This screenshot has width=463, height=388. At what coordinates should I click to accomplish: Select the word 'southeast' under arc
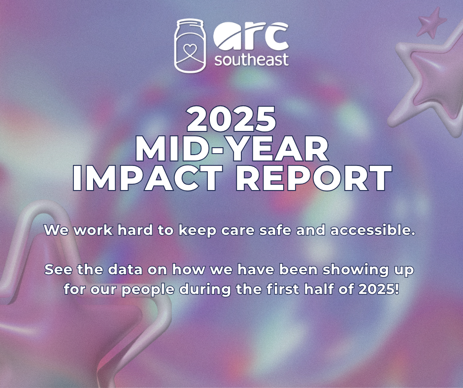tap(251, 60)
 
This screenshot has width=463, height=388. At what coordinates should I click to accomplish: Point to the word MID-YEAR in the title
tap(232, 148)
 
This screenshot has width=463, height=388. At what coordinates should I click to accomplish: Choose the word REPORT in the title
tap(314, 178)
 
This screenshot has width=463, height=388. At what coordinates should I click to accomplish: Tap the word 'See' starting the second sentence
tap(58, 269)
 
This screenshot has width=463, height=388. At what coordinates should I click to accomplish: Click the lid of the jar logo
tap(191, 23)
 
